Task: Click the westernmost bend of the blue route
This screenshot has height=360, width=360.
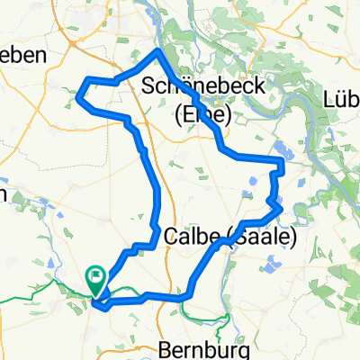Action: [77, 94]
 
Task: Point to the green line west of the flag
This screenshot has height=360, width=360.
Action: [36, 291]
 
